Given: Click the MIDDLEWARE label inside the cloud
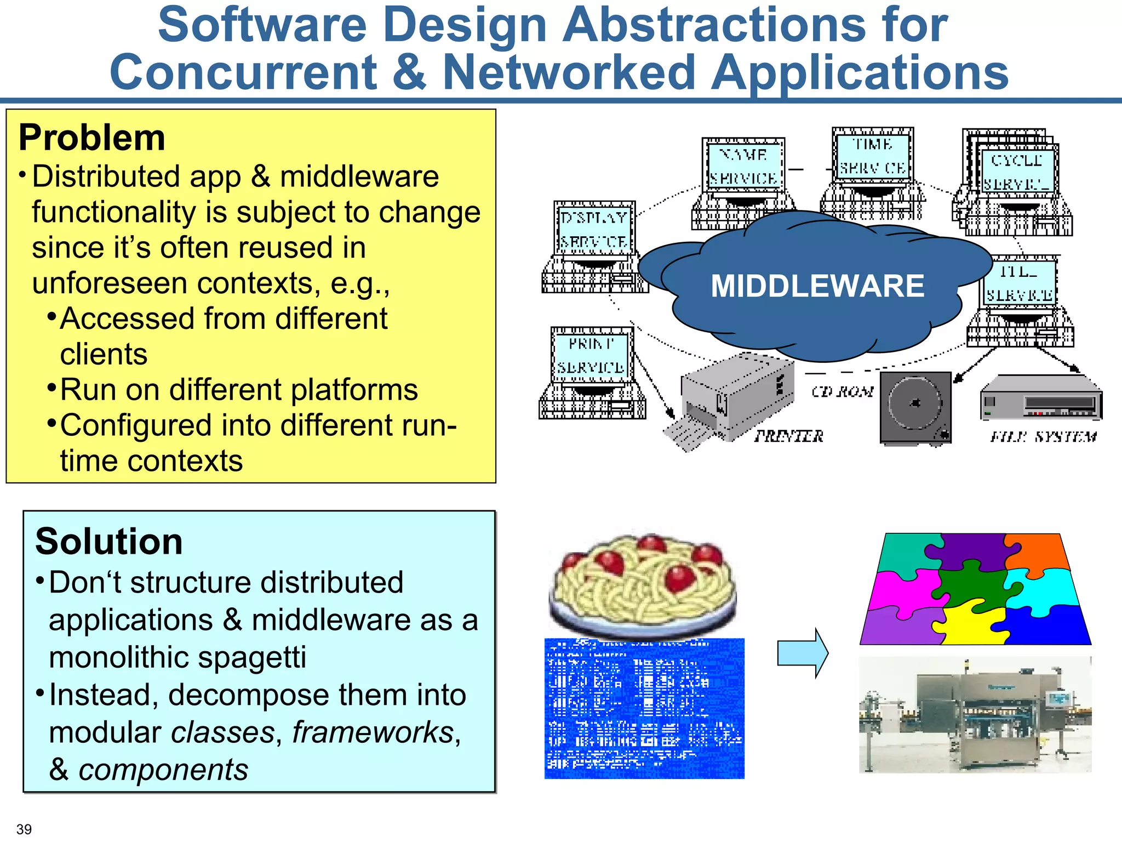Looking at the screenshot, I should (817, 286).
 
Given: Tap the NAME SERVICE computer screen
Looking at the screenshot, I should (743, 166).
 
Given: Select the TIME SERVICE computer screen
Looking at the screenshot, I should (873, 156).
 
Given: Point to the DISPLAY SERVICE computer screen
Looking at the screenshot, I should (594, 229).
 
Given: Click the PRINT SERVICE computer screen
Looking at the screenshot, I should (591, 355).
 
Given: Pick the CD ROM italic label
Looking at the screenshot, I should (842, 391).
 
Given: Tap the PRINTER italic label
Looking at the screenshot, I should (789, 436).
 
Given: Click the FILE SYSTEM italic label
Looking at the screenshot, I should (1043, 437).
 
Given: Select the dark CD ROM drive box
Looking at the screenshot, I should (915, 407).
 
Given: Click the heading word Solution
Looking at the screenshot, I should (108, 542).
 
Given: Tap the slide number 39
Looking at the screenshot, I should (24, 829).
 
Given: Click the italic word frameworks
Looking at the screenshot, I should (373, 732).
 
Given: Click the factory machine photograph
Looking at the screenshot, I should (975, 715).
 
